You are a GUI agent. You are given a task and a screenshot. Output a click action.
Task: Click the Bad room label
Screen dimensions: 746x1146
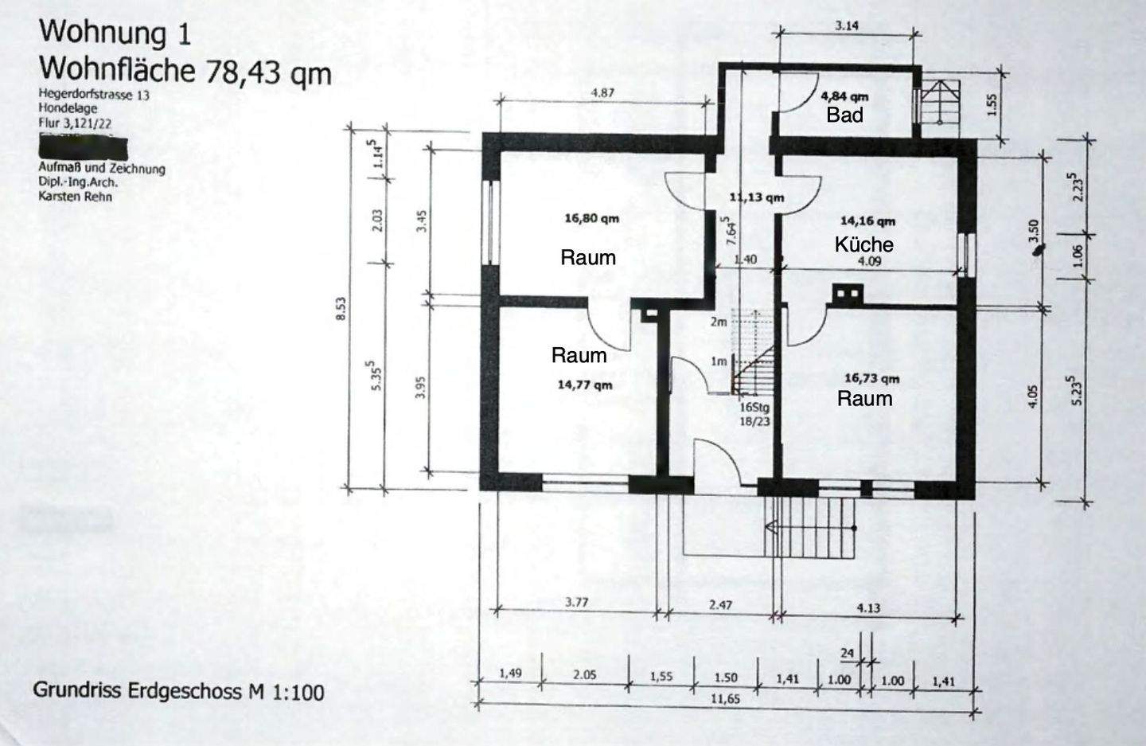pos(844,115)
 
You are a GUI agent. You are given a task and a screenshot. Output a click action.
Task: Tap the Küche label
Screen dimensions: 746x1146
pos(863,244)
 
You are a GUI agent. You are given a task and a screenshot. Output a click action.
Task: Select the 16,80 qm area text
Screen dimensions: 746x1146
pos(591,217)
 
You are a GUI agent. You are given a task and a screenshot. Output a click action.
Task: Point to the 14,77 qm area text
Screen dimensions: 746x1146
pos(585,385)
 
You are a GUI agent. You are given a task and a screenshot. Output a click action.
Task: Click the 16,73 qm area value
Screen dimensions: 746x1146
pos(871,379)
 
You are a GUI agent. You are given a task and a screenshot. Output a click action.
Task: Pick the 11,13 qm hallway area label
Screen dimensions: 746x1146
pos(756,197)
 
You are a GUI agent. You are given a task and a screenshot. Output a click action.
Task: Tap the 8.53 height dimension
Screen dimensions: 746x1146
pos(341,309)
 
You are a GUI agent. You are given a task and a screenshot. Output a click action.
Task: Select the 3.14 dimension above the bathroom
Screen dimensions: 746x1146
pos(846,25)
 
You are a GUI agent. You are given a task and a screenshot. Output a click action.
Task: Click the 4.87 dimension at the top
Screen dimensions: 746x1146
pos(602,93)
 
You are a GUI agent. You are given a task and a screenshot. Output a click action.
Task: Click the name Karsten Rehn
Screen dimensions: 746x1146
pos(75,196)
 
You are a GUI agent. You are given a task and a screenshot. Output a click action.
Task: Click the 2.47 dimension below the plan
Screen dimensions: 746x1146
pos(719,605)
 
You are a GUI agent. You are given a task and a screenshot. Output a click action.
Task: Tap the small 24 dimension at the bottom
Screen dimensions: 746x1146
pos(847,654)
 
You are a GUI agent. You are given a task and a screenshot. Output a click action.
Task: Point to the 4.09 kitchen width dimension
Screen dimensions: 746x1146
pos(868,260)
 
